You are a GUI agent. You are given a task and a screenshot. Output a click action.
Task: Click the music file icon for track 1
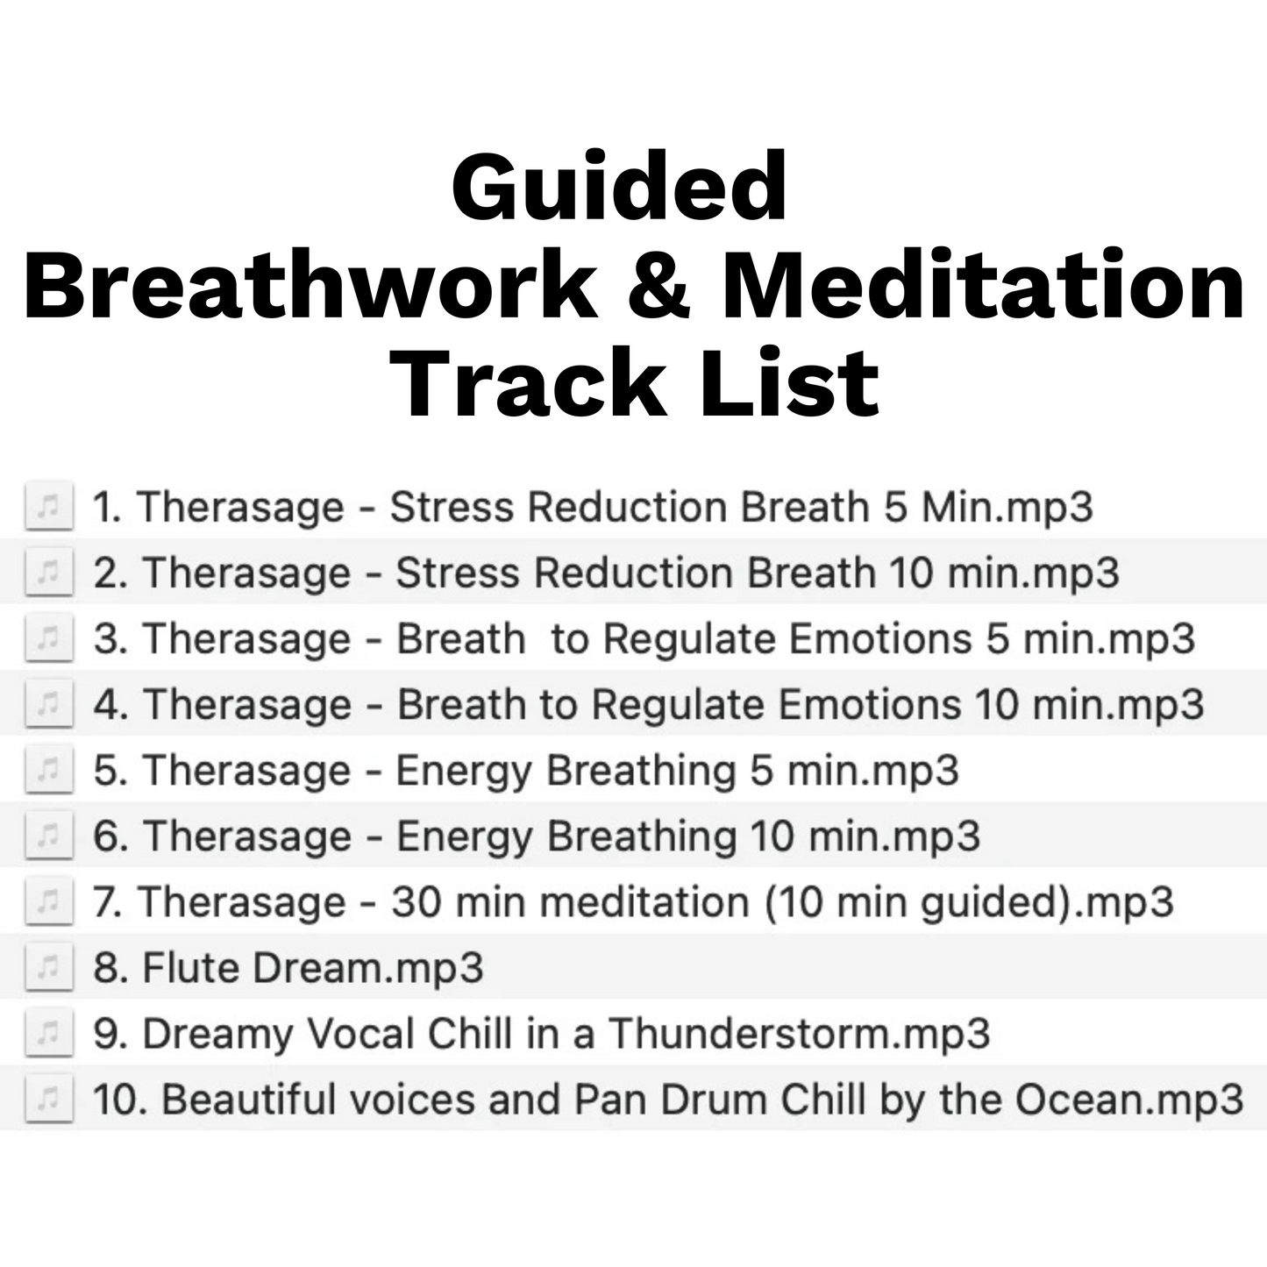pyautogui.click(x=49, y=508)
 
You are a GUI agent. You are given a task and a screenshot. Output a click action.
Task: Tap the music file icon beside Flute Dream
pyautogui.click(x=49, y=968)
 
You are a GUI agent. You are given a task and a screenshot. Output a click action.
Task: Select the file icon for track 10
pyautogui.click(x=49, y=1100)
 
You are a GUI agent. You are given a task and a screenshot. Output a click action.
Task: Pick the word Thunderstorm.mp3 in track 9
pyautogui.click(x=799, y=1034)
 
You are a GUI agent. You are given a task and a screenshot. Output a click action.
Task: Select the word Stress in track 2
pyautogui.click(x=458, y=573)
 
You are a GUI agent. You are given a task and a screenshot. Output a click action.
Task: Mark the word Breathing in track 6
pyautogui.click(x=641, y=836)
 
